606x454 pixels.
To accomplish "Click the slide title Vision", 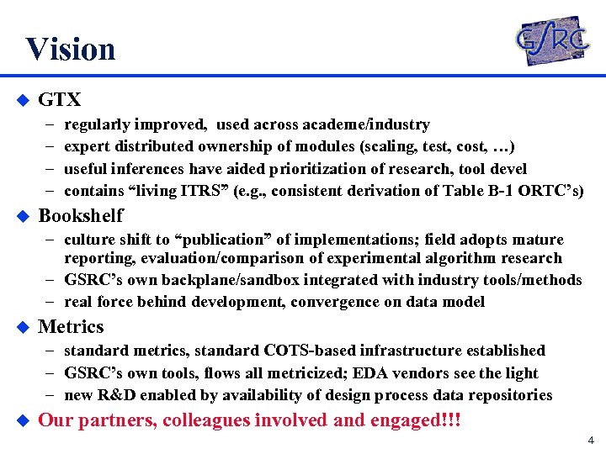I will pyautogui.click(x=70, y=49).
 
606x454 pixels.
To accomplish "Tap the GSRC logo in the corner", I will pyautogui.click(x=551, y=40).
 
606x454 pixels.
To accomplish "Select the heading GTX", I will pyautogui.click(x=60, y=100).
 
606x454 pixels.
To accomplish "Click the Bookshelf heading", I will pyautogui.click(x=81, y=215).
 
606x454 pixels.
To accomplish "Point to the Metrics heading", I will pyautogui.click(x=72, y=327).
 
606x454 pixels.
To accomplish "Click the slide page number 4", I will pyautogui.click(x=591, y=440).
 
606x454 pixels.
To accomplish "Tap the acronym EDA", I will pyautogui.click(x=375, y=372).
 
